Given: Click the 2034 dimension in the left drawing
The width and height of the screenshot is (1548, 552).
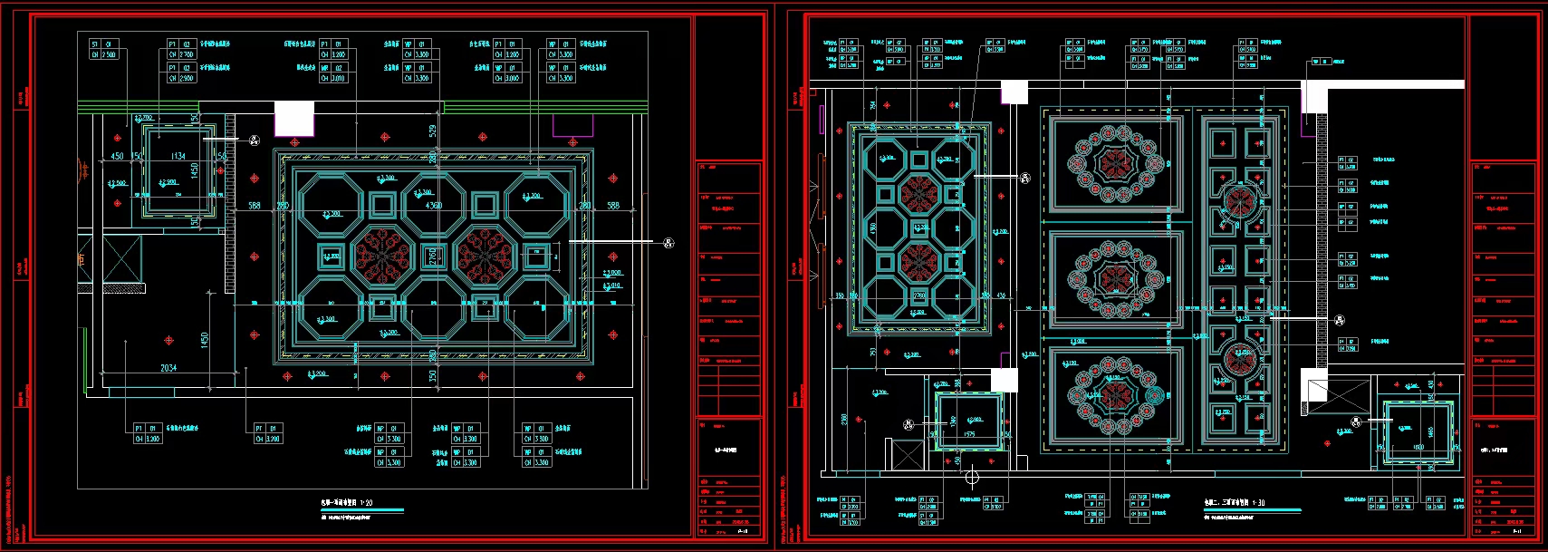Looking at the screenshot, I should point(168,368).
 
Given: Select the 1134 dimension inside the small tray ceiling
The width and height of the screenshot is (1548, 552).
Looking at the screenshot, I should point(178,157).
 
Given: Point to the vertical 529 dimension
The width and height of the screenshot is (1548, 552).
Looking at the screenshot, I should point(433,132).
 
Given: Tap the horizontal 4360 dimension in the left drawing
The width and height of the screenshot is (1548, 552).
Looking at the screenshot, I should point(434,206).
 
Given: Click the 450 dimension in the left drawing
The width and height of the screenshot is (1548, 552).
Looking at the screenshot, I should point(117,156).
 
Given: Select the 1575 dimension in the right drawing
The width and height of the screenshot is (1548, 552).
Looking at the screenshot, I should point(969,435).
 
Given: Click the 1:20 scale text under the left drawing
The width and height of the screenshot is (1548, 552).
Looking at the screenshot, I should point(366,502).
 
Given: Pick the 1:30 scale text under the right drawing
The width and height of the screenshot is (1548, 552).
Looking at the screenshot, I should point(1259,502).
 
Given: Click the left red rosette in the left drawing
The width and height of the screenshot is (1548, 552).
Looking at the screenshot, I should point(384,256).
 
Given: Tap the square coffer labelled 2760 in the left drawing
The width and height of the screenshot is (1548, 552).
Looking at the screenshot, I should point(434,257).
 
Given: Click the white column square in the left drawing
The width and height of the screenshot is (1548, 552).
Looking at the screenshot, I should point(293,119).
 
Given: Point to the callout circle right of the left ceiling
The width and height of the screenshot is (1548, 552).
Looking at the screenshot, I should point(668,242).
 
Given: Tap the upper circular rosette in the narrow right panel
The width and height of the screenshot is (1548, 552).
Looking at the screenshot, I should point(1239,202).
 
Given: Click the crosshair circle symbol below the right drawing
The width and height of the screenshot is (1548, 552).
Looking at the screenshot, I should point(972,477).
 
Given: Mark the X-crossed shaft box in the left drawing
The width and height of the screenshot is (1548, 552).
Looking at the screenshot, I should point(121,258).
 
